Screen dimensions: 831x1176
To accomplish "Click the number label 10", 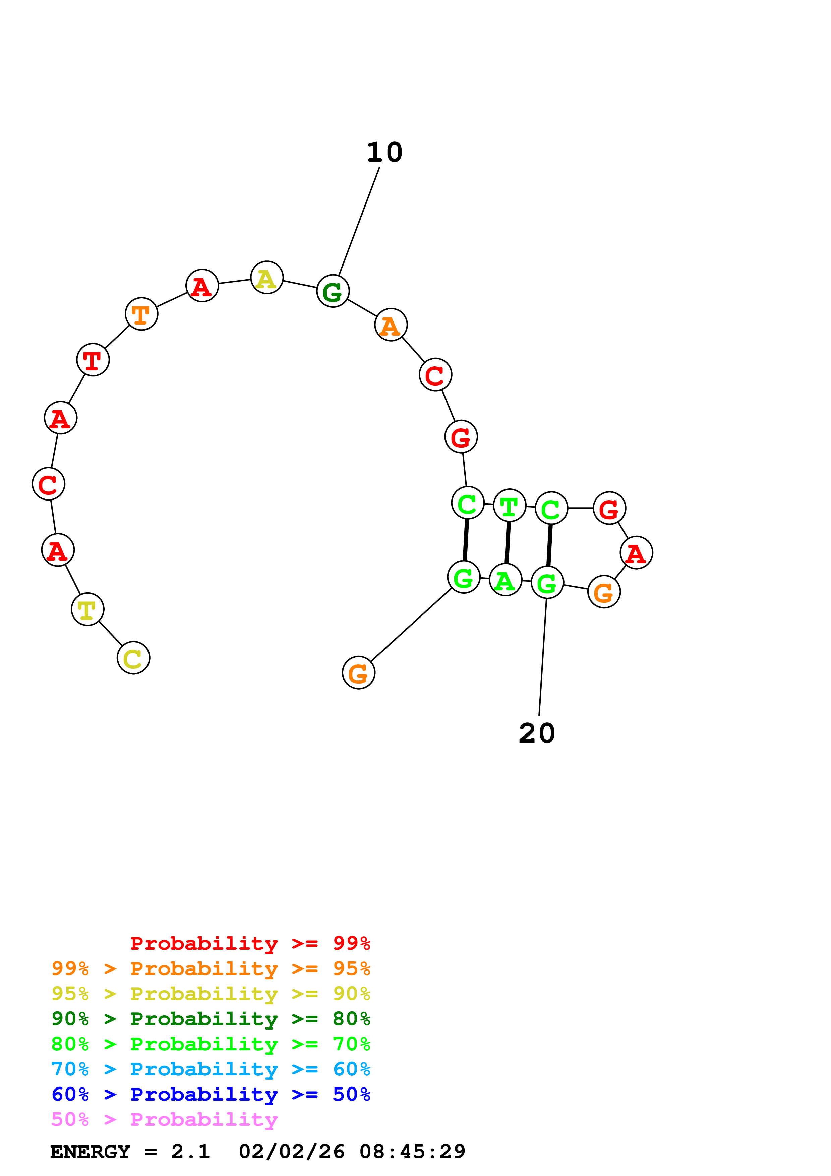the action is (x=384, y=152).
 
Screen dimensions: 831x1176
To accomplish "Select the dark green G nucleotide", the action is (x=333, y=291).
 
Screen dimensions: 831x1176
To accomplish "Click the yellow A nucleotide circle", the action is (x=267, y=278).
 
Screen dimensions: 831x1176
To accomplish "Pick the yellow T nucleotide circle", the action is (x=87, y=609).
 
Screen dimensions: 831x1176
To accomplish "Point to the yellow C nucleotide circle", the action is (x=133, y=658).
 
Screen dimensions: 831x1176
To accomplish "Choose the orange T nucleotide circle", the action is (x=141, y=314).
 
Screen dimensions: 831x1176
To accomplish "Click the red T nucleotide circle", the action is (x=93, y=360).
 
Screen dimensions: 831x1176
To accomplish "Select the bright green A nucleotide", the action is (x=506, y=580).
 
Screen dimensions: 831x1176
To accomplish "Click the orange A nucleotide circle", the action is (x=391, y=325).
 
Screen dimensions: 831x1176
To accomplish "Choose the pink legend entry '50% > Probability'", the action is (x=164, y=1120).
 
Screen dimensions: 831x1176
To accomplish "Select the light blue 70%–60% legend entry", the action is (x=211, y=1069).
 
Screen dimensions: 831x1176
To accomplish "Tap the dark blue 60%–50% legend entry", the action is (x=211, y=1095).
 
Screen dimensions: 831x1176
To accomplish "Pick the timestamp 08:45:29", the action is (x=412, y=1152).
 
